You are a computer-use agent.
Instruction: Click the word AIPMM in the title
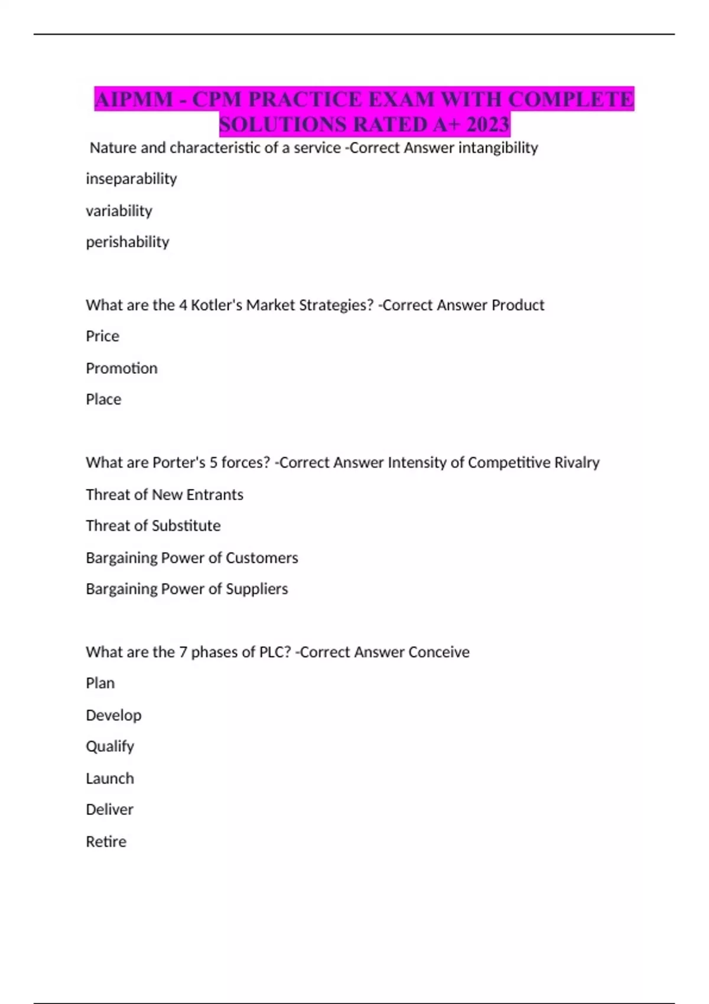pos(134,99)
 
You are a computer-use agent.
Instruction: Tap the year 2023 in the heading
pos(487,125)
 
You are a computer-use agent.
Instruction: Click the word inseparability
pos(131,179)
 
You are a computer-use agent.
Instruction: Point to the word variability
pos(119,211)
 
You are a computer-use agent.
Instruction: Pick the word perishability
pos(128,242)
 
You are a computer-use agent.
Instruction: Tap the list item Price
pos(102,337)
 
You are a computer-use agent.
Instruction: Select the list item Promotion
pos(122,369)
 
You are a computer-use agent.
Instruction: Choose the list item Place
pos(103,400)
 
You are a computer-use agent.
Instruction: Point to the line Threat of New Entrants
pos(164,494)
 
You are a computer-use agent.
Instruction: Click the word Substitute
pos(187,526)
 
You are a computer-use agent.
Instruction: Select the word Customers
pos(262,558)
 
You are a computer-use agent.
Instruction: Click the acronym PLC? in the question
pos(275,652)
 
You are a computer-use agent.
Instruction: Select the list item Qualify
pos(110,747)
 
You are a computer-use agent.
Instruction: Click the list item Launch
pos(110,778)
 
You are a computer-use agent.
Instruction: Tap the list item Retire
pos(106,842)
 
